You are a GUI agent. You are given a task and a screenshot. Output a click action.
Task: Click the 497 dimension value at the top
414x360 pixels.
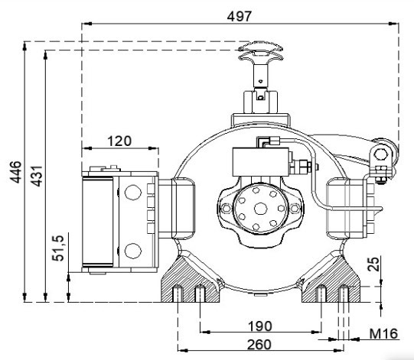240,17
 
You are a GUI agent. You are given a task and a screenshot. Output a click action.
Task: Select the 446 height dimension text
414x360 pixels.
16,172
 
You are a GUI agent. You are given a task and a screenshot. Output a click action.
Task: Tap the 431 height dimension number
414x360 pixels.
37,176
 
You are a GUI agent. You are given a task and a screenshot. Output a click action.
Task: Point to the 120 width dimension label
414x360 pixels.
119,141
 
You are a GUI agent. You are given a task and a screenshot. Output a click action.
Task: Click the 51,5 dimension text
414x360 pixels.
58,248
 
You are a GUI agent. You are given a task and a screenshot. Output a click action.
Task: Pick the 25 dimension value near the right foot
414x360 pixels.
373,264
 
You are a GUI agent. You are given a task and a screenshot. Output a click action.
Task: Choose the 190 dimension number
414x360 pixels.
260,326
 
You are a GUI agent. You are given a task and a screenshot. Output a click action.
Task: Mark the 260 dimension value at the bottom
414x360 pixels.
259,345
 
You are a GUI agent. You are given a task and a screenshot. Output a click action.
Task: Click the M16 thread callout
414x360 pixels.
383,334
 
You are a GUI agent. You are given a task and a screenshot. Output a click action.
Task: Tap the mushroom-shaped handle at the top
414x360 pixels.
261,53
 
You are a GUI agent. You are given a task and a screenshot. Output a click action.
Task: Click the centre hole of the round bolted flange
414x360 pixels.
261,209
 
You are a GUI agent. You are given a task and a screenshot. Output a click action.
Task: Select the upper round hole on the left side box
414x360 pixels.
133,193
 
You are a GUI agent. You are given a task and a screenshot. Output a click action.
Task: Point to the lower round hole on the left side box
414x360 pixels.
133,251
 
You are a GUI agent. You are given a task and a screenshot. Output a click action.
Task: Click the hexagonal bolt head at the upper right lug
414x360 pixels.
381,154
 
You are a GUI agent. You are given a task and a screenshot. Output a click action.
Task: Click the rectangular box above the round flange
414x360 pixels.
261,162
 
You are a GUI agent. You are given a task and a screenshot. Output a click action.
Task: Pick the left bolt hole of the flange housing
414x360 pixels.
227,209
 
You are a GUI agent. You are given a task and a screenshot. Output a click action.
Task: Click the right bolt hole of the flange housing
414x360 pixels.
295,209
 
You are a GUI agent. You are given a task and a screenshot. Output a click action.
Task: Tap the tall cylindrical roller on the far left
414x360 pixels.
98,222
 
